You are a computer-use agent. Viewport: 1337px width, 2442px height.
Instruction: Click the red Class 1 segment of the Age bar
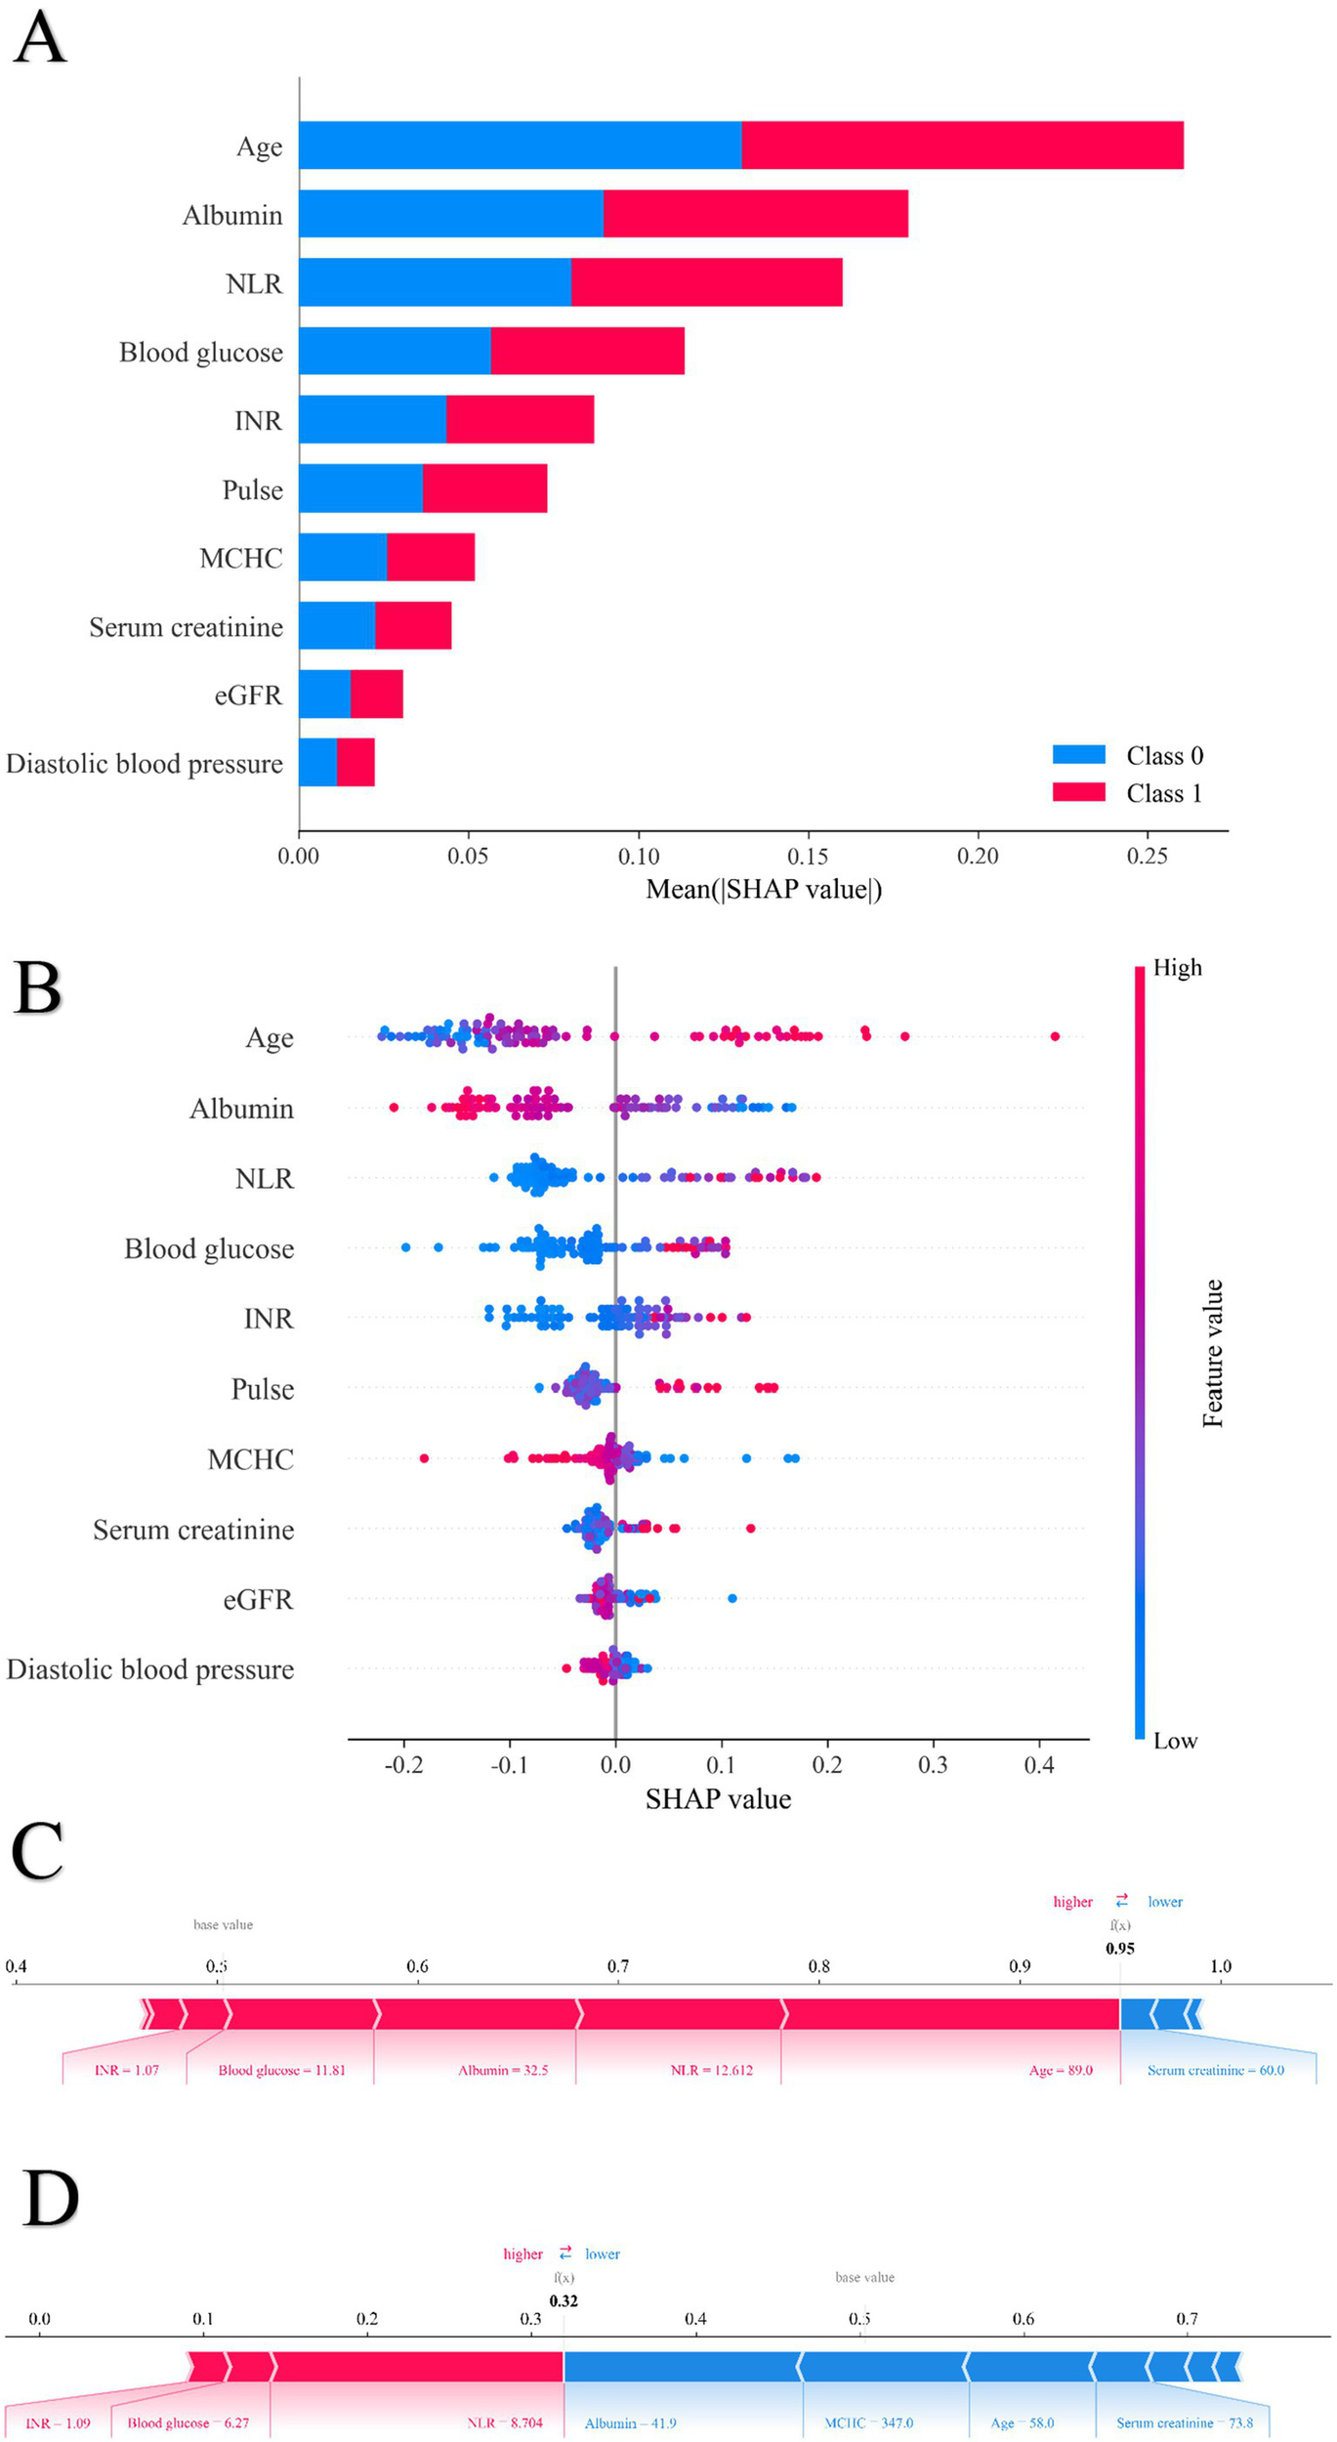click(x=962, y=145)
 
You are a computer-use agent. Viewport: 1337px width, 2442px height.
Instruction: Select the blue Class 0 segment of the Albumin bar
click(x=450, y=213)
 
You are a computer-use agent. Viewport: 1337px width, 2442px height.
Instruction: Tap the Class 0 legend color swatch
click(x=1078, y=754)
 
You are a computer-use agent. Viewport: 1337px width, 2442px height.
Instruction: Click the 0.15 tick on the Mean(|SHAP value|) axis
click(x=808, y=856)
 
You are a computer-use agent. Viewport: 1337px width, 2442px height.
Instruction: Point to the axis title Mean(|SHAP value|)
click(x=763, y=889)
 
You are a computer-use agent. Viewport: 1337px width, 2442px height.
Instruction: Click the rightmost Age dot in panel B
click(x=1055, y=1035)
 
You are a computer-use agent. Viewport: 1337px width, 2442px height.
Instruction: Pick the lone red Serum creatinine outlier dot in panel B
click(x=750, y=1528)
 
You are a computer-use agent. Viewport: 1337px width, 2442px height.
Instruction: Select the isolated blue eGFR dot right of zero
click(x=732, y=1598)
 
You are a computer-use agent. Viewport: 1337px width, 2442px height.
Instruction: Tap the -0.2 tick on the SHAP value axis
click(x=403, y=1764)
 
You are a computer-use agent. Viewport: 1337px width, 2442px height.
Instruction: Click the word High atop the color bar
click(x=1177, y=967)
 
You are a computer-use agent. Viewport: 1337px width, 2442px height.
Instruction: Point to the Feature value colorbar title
click(x=1212, y=1353)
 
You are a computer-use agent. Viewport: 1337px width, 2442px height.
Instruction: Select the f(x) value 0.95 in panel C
click(x=1119, y=1948)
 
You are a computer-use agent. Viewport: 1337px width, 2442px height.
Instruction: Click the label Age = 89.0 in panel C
click(x=1060, y=2070)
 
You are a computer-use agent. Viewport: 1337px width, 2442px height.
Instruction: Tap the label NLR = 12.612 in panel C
click(x=711, y=2070)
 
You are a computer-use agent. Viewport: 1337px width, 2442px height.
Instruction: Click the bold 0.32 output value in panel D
click(x=564, y=2300)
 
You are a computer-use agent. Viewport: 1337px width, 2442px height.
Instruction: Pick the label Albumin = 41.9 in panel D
click(x=630, y=2422)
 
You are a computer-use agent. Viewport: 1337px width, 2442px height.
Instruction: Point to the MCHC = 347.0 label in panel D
click(x=868, y=2422)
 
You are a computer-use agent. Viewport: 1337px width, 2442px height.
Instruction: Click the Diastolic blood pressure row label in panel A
click(x=145, y=763)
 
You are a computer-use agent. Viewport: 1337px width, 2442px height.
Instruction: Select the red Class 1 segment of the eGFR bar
click(x=376, y=694)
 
